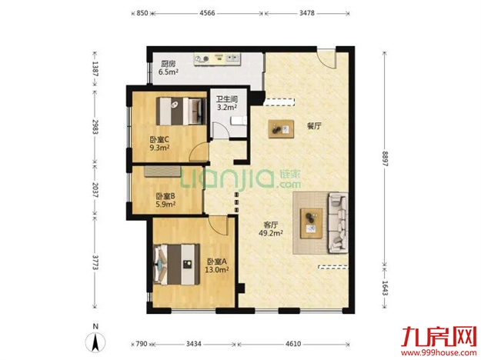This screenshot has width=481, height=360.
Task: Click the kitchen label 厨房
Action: point(168,64)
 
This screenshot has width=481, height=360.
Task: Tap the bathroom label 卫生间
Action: point(227,99)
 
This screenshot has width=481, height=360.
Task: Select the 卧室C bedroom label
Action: point(159,140)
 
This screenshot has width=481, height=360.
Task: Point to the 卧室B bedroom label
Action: point(165,196)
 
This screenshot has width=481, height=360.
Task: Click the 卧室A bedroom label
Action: point(217,262)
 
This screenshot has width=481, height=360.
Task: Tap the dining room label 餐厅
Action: point(314,125)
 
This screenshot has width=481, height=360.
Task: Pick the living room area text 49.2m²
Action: point(271,233)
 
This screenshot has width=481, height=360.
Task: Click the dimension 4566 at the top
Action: point(207,13)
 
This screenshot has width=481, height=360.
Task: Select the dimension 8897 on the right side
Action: point(385,158)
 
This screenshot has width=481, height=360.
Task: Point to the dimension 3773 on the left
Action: point(95,262)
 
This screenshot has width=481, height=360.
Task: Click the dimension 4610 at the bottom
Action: point(293,344)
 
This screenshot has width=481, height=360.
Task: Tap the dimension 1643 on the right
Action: point(385,288)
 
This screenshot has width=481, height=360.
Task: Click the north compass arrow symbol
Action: point(95,342)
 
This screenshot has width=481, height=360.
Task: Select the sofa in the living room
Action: point(338,223)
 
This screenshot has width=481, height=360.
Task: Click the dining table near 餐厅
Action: point(281,129)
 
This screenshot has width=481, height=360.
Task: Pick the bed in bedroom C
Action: point(181,111)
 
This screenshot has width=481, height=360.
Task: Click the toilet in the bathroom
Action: point(239,121)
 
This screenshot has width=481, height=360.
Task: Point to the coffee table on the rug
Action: point(312,223)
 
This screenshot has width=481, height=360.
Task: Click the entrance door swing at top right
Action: point(326,59)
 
